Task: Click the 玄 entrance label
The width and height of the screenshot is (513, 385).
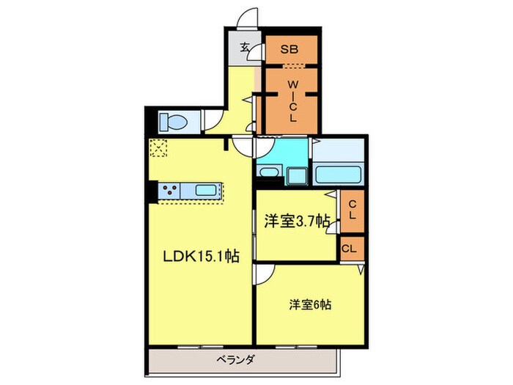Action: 245,49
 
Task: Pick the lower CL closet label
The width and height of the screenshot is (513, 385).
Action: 350,248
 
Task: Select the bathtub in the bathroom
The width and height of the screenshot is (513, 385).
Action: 338,175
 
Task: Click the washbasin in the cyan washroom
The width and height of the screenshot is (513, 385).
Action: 268,174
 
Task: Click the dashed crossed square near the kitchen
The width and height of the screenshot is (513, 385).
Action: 158,150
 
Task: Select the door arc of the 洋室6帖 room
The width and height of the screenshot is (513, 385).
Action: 265,274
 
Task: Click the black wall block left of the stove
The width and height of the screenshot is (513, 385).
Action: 151,190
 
